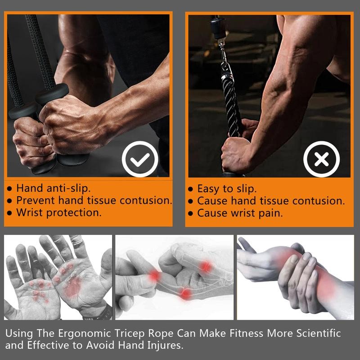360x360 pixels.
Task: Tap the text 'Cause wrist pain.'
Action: coord(240,213)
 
